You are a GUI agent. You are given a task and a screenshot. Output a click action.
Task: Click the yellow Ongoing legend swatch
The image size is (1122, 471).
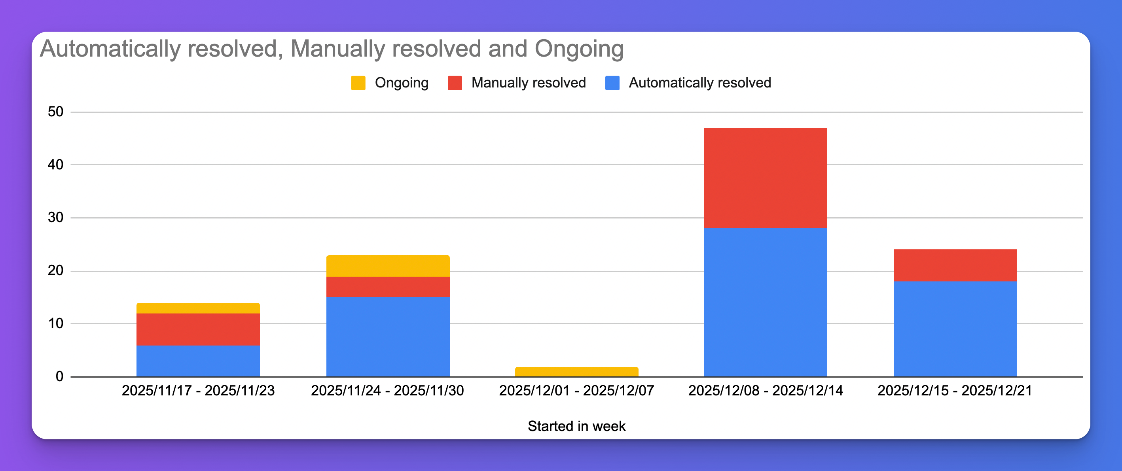pyautogui.click(x=358, y=83)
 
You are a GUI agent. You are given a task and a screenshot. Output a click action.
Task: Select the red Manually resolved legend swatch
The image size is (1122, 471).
pyautogui.click(x=455, y=83)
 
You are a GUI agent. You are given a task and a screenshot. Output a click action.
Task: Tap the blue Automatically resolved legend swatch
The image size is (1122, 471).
pyautogui.click(x=612, y=83)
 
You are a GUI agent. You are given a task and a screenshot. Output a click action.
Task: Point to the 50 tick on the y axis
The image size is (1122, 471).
pyautogui.click(x=55, y=112)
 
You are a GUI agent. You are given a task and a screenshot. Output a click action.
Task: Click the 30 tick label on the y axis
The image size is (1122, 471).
pyautogui.click(x=55, y=217)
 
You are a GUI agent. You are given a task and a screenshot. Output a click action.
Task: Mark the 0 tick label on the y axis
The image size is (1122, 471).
pyautogui.click(x=59, y=376)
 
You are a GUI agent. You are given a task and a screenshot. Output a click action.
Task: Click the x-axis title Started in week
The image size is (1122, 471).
pyautogui.click(x=576, y=426)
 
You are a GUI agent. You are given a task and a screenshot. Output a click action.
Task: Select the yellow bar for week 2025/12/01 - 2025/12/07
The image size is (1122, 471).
pyautogui.click(x=576, y=372)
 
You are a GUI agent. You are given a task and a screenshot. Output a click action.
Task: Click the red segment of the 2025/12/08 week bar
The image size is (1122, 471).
pyautogui.click(x=765, y=178)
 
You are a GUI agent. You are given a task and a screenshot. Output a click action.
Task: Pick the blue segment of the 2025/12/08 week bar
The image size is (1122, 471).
pyautogui.click(x=765, y=302)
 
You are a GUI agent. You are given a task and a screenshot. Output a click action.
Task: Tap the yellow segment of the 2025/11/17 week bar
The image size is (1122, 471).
pyautogui.click(x=198, y=308)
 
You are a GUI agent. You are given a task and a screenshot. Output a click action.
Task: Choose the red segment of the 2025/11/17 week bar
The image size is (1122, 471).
pyautogui.click(x=198, y=329)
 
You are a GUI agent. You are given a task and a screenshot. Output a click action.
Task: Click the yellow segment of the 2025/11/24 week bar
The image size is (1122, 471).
pyautogui.click(x=388, y=266)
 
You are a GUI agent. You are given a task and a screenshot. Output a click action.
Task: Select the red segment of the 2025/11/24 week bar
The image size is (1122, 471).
pyautogui.click(x=388, y=287)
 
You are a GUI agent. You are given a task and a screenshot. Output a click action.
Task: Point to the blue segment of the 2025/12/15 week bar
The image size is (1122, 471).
pyautogui.click(x=955, y=329)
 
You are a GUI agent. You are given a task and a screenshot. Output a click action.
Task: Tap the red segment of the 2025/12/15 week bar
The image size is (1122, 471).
pyautogui.click(x=955, y=265)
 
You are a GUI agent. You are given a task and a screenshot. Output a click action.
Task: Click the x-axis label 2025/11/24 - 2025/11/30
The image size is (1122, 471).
pyautogui.click(x=387, y=390)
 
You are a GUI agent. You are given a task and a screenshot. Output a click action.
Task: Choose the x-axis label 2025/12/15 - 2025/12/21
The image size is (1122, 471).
pyautogui.click(x=954, y=390)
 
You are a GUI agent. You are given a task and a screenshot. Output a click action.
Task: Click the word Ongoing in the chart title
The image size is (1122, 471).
pyautogui.click(x=579, y=49)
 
